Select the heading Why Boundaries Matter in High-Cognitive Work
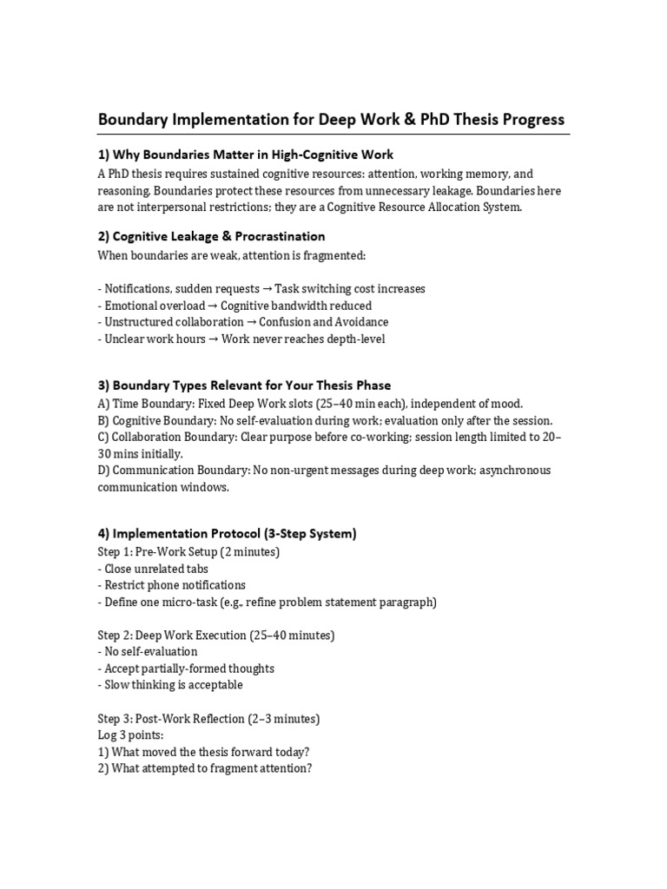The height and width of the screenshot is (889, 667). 245,155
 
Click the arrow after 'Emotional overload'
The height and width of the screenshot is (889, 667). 213,306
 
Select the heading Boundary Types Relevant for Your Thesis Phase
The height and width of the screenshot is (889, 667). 244,385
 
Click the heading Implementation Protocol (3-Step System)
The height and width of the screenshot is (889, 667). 227,533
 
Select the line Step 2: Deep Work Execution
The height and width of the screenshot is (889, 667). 215,635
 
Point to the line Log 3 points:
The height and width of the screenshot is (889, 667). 127,735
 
